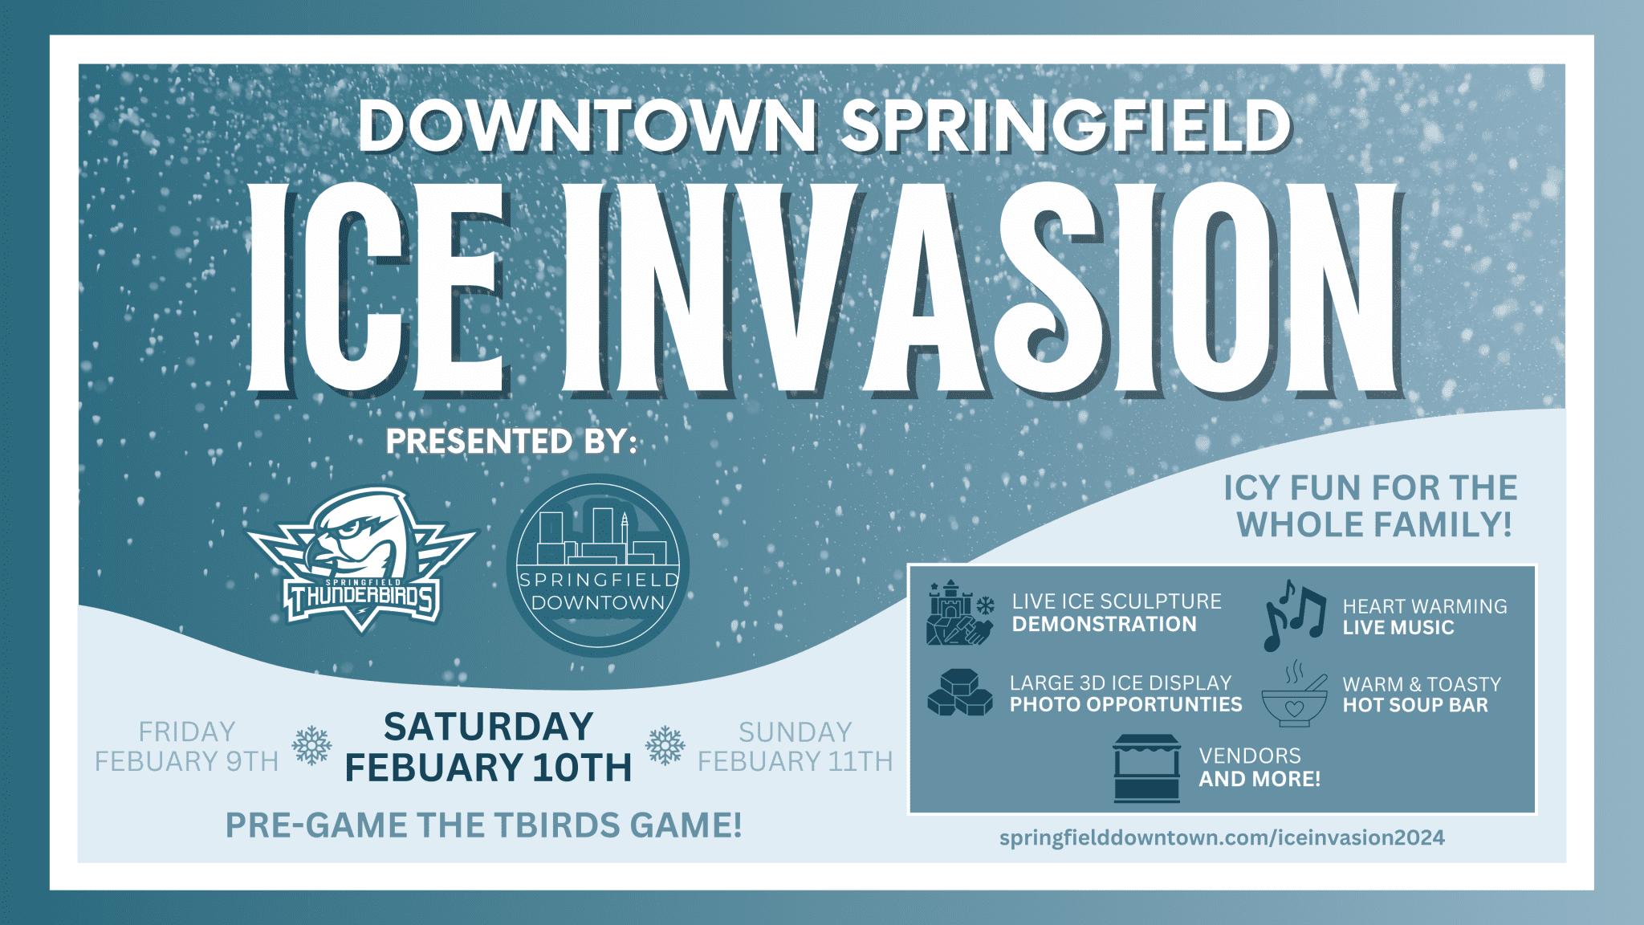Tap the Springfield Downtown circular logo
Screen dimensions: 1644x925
point(598,565)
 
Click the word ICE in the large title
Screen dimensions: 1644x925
point(378,289)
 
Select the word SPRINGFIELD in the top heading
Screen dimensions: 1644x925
point(1067,126)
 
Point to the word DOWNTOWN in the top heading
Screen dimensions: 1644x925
point(588,126)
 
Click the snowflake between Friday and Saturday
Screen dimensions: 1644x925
point(311,746)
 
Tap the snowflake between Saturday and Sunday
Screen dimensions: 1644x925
point(665,746)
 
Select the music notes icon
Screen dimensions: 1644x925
point(1293,615)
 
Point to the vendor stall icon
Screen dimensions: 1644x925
point(1146,768)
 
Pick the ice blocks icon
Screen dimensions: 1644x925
point(960,692)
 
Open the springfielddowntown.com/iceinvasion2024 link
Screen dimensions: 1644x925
point(1222,837)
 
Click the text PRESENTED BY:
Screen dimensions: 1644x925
point(511,441)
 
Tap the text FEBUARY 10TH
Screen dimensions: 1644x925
point(488,767)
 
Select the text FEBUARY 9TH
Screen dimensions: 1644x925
point(186,761)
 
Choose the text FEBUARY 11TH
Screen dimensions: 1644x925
point(795,761)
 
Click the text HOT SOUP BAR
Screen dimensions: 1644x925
point(1415,705)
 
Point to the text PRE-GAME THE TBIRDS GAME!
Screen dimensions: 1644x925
point(483,825)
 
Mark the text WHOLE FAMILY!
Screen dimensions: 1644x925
point(1374,525)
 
